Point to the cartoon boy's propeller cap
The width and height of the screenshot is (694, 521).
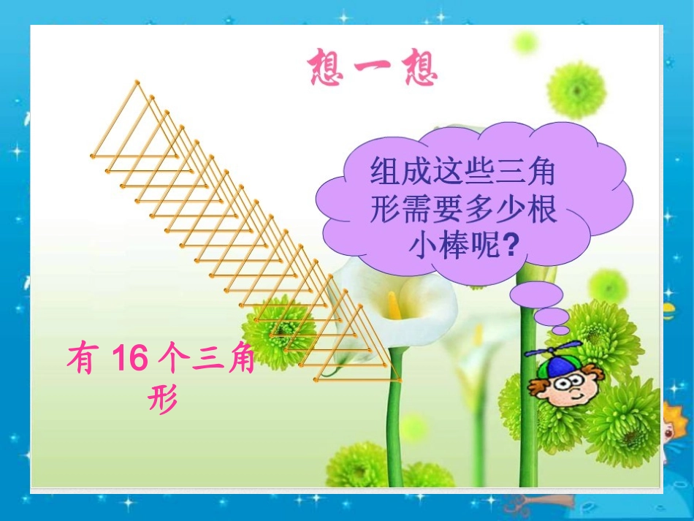pos(553,357)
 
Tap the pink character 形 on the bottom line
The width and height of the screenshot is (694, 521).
pos(163,398)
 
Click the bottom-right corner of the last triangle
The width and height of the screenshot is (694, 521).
pos(401,380)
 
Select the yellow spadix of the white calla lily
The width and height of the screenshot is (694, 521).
pos(394,305)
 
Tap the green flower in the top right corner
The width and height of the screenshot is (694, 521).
pos(576,90)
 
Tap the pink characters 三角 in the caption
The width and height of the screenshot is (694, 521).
pos(223,360)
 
